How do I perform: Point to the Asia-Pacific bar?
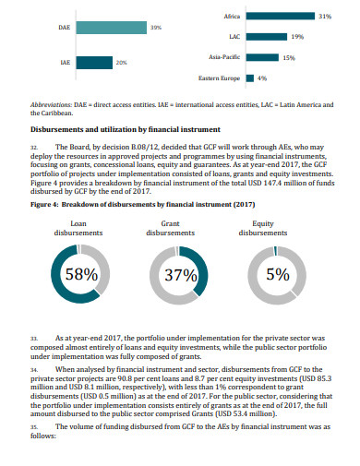click(x=262, y=57)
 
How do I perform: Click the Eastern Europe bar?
click(x=249, y=78)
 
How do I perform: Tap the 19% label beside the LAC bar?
click(x=297, y=37)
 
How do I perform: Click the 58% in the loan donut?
click(x=80, y=274)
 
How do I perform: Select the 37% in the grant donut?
click(x=183, y=274)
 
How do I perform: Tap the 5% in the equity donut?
click(x=277, y=274)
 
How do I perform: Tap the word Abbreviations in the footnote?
click(x=54, y=106)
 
